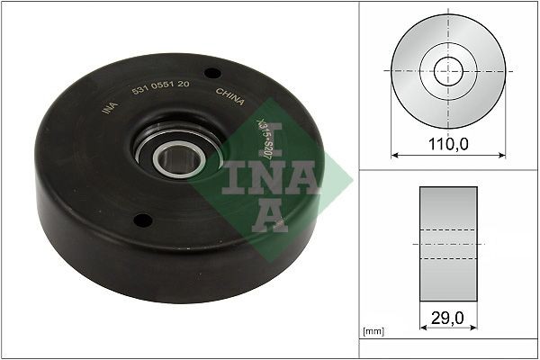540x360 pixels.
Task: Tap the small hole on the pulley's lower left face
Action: [x=140, y=219]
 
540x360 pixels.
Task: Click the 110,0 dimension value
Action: [x=448, y=143]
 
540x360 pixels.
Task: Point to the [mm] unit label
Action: [x=373, y=332]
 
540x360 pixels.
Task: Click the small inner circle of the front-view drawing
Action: [x=448, y=71]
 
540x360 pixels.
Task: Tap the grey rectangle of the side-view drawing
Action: [x=448, y=243]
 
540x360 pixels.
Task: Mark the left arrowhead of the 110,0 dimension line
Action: [x=394, y=155]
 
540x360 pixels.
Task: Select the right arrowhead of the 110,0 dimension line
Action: [x=502, y=155]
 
